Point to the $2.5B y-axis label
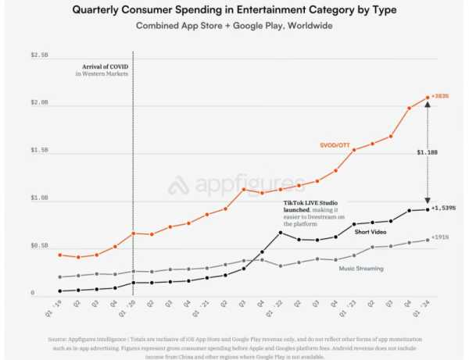point(38,55)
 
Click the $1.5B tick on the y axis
point(38,151)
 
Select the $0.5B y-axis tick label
point(38,246)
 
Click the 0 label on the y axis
point(33,294)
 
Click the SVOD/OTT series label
point(335,145)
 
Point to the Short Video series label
point(372,232)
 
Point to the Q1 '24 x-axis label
point(424,306)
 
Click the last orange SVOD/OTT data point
point(428,98)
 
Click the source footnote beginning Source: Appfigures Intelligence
point(234,347)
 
